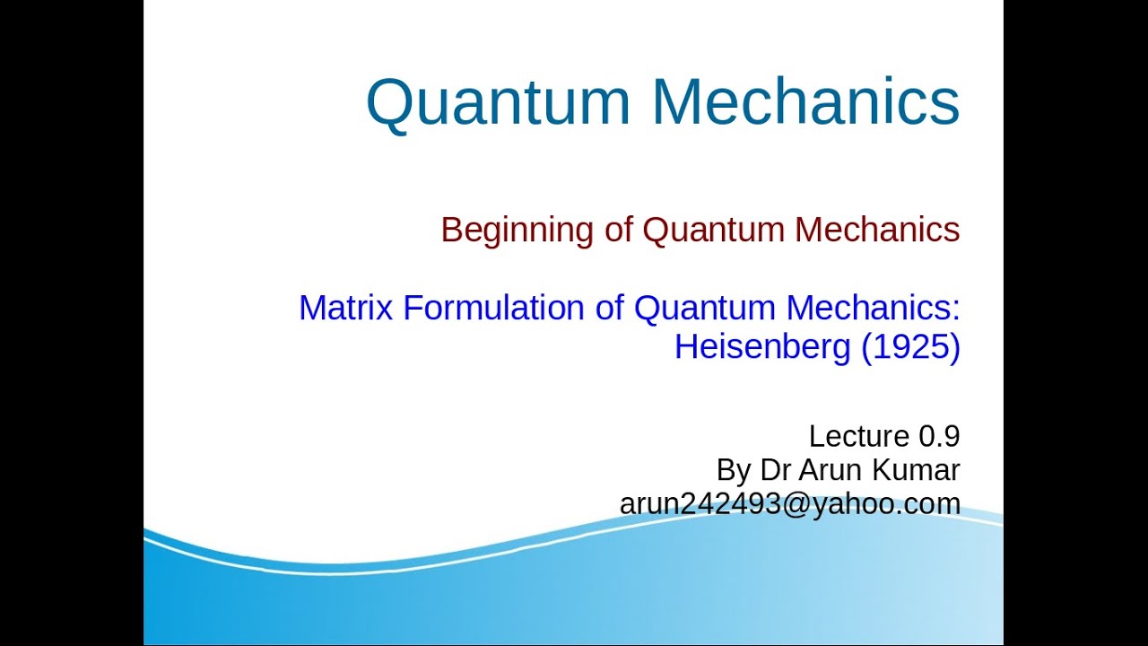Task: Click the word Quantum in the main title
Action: [x=498, y=101]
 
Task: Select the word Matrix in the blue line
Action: [x=345, y=309]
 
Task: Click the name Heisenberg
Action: [x=761, y=347]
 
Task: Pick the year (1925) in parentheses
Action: [x=909, y=347]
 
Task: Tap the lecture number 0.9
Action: [x=939, y=437]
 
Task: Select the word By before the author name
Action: [x=733, y=470]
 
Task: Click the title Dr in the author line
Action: [x=776, y=470]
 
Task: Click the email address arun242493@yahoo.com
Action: [x=789, y=504]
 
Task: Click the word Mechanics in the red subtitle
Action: [x=876, y=231]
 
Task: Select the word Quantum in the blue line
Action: [x=705, y=309]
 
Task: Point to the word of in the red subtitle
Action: [x=618, y=231]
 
